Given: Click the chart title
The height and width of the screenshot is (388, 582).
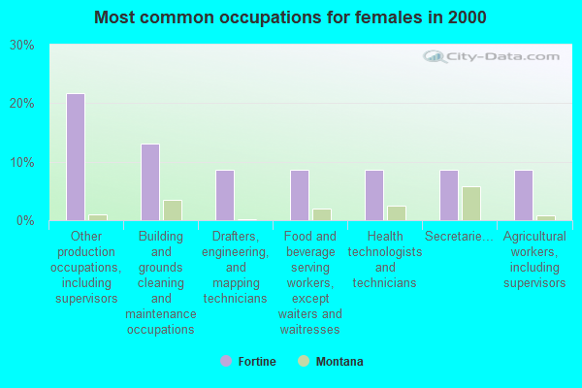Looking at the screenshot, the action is click(290, 17).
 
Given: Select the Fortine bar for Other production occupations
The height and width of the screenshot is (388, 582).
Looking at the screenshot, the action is click(76, 157).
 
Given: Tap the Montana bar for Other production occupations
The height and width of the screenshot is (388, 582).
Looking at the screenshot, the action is click(98, 217).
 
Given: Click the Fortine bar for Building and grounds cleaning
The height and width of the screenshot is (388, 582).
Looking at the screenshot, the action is click(150, 182).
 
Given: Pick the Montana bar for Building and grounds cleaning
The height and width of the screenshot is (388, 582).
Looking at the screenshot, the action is click(173, 210).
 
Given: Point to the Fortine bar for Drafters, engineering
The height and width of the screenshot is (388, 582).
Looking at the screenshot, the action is click(225, 195).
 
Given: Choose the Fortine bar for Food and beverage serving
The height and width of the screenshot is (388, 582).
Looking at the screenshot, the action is click(300, 195).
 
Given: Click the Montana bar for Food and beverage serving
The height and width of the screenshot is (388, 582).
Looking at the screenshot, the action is click(322, 215).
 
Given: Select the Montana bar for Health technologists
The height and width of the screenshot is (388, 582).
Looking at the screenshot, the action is click(397, 213).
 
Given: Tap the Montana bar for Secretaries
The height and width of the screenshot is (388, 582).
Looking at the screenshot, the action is click(471, 204).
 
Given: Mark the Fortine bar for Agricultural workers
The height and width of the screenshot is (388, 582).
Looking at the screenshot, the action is click(524, 195).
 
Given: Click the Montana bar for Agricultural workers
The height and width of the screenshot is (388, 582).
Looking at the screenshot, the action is click(546, 218).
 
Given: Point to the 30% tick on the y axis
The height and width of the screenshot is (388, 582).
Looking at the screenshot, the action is click(22, 46).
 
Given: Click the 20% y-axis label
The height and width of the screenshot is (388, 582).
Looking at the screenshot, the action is click(22, 104).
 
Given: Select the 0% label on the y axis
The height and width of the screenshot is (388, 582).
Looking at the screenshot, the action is click(25, 221).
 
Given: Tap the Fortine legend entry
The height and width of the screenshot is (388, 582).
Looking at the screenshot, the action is click(248, 361).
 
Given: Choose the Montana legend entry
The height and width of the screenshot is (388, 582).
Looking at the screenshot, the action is click(331, 361).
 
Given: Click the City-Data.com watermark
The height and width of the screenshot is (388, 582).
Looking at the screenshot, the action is click(491, 56).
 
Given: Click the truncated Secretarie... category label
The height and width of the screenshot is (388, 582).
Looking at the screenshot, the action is click(459, 236).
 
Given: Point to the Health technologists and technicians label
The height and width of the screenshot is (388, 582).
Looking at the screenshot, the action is click(385, 260).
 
